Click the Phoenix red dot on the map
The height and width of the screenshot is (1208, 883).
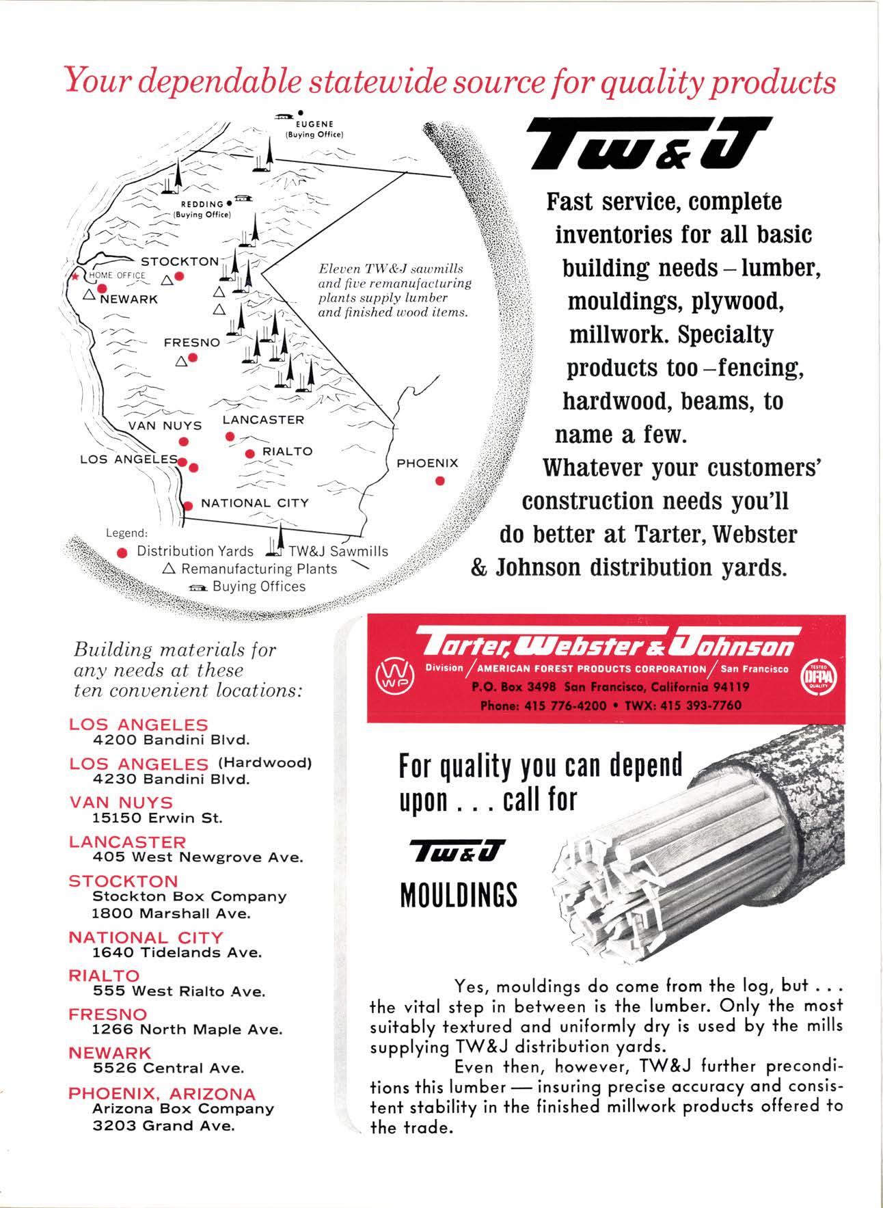[440, 481]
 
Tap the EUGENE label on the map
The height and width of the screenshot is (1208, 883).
[318, 124]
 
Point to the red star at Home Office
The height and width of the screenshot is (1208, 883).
[76, 276]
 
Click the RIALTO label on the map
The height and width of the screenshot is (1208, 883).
[287, 451]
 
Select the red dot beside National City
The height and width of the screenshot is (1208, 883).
[189, 505]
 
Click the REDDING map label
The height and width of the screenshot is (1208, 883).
[202, 204]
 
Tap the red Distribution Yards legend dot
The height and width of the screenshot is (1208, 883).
[122, 552]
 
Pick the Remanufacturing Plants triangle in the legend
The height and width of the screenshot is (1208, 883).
[169, 569]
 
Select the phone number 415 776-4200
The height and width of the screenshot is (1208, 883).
[565, 705]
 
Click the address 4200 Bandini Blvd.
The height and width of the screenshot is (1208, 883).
[171, 740]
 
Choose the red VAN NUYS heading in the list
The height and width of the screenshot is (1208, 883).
[121, 802]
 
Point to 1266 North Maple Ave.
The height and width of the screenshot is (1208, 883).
[187, 1030]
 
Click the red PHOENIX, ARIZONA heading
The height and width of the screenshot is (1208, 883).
[161, 1093]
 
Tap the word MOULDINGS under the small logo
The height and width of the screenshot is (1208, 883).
[459, 894]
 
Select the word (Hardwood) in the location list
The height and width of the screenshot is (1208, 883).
[264, 763]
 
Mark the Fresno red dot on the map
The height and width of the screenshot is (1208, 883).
[193, 358]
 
